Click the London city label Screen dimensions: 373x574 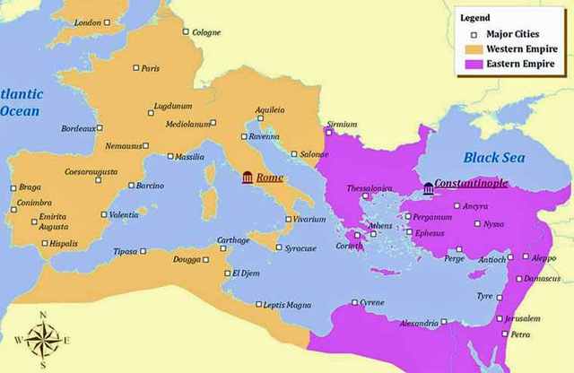click(87, 22)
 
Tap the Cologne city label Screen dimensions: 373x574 click(206, 32)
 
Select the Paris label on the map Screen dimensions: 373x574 click(150, 68)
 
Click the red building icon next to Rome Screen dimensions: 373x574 click(247, 178)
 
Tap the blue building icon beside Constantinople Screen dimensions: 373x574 click(429, 187)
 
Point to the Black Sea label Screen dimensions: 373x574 click(493, 158)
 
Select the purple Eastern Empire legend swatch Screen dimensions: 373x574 click(472, 65)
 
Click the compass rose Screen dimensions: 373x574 click(43, 340)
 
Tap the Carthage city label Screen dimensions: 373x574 click(233, 240)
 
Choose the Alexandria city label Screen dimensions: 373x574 click(418, 323)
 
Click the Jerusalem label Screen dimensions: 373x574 click(523, 318)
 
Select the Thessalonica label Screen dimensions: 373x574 click(370, 188)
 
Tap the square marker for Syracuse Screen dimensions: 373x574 click(279, 247)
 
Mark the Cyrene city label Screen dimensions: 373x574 click(371, 302)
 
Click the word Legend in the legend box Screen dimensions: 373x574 click(474, 18)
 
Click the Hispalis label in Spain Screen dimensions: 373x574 click(65, 243)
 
